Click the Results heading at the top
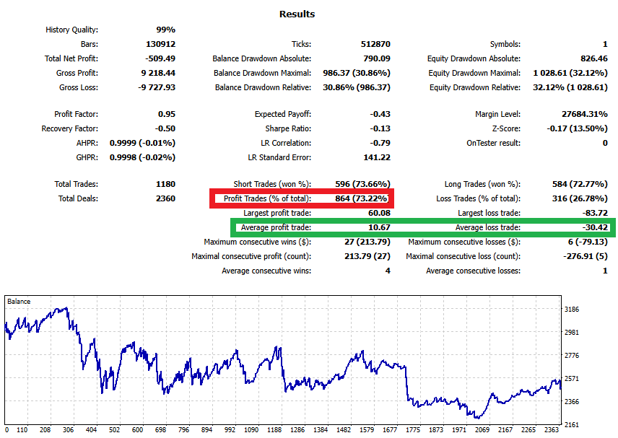point(297,14)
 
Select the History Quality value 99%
point(165,30)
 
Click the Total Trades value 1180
point(165,184)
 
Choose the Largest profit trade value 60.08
point(379,213)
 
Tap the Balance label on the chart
point(19,301)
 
